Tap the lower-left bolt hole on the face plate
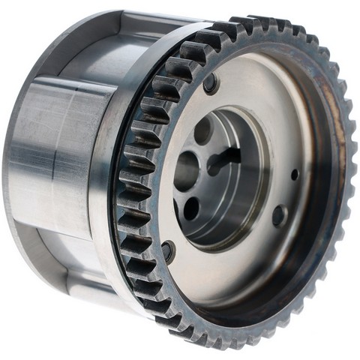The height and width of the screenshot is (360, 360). [168, 251]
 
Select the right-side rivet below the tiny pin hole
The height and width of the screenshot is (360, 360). [279, 216]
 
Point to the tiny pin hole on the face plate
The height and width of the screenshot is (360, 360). [294, 174]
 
